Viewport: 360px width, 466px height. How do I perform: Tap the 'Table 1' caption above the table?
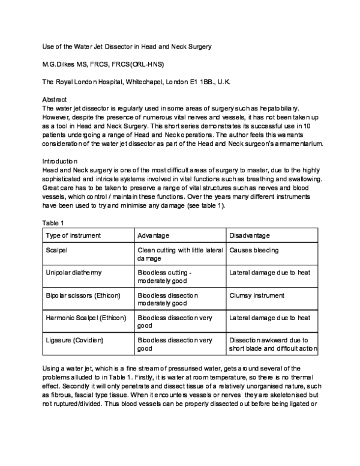pyautogui.click(x=53, y=223)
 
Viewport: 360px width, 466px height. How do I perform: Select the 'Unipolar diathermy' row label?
pyautogui.click(x=73, y=273)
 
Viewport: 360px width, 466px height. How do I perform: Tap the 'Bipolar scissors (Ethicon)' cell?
pyautogui.click(x=83, y=295)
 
